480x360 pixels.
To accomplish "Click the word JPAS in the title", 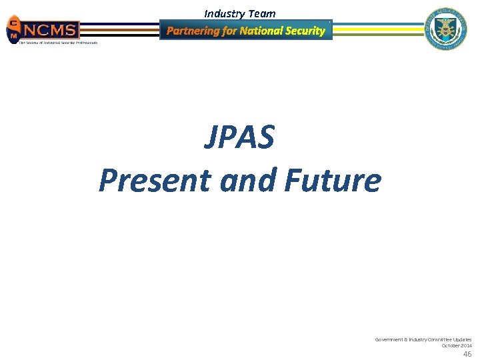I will [239, 138].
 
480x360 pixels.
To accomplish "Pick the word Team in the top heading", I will [262, 13].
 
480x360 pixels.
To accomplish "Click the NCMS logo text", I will [50, 29].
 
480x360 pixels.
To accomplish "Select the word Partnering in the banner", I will [193, 31].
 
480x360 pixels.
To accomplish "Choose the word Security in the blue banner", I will [305, 31].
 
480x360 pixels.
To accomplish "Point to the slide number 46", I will [467, 354].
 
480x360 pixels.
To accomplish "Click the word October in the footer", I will [451, 345].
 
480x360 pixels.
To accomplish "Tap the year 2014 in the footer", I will [466, 345].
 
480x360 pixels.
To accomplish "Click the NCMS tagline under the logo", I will [57, 43].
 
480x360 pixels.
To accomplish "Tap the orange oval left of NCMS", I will [13, 30].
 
